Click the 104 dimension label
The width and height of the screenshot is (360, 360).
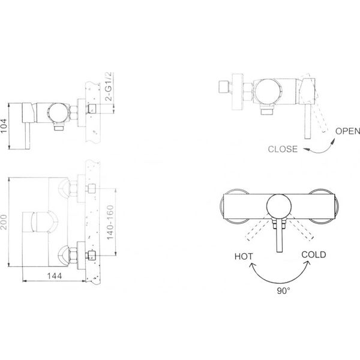click(4, 126)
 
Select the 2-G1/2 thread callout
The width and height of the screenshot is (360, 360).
click(109, 86)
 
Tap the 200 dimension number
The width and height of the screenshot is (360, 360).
click(4, 222)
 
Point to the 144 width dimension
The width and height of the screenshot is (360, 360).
click(55, 276)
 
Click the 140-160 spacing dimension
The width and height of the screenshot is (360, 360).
click(110, 222)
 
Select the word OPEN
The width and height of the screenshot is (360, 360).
click(347, 131)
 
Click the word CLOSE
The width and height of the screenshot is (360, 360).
click(283, 149)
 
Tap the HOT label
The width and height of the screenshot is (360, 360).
click(244, 256)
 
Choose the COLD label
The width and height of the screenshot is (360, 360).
click(314, 254)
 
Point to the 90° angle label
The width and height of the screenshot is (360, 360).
click(283, 291)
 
